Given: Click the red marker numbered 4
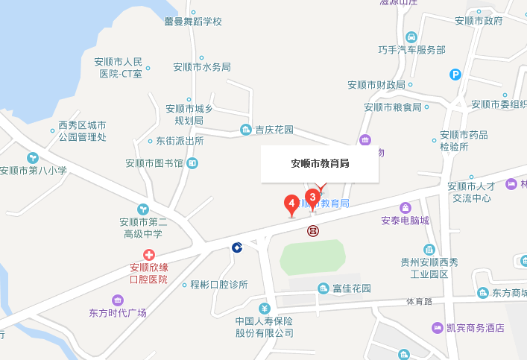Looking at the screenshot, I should point(291,203).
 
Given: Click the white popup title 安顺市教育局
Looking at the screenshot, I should point(320,164).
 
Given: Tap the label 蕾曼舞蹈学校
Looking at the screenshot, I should point(193,22).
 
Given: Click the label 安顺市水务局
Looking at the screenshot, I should point(202,66).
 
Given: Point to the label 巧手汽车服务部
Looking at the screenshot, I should point(411,50).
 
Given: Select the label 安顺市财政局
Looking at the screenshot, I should point(376,85).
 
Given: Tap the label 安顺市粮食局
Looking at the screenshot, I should point(393,107).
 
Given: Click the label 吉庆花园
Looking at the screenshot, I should point(274,130).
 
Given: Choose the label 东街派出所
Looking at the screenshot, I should point(179,140).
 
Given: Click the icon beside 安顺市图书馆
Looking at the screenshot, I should point(193,162).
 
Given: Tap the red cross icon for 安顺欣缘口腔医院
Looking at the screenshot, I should point(149,255).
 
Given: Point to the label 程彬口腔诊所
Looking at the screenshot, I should point(218,284).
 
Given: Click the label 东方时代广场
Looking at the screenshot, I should point(117,312).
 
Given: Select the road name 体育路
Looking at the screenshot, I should point(419,302).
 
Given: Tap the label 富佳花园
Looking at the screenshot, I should point(351,288).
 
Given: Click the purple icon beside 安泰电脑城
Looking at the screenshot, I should point(405,207).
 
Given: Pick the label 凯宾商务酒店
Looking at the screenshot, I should point(475,327).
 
